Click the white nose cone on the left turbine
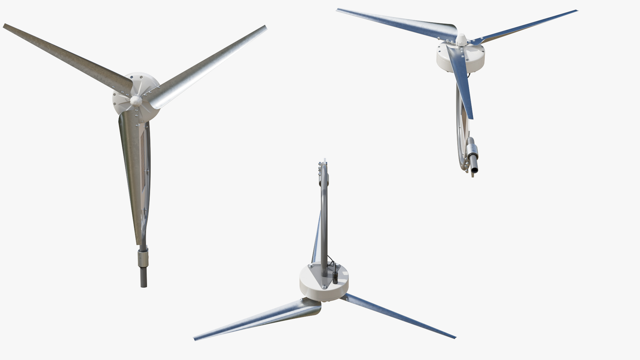[x=136, y=100]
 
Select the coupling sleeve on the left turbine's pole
[x=143, y=258]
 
